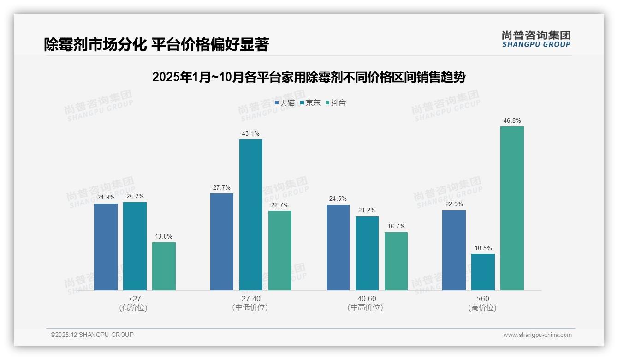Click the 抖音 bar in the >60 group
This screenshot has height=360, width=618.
click(512, 208)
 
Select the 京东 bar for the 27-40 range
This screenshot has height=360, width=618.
click(250, 215)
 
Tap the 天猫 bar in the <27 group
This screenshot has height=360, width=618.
click(106, 246)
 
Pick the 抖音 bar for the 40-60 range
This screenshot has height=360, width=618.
click(396, 261)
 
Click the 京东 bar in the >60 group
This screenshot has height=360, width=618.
click(483, 272)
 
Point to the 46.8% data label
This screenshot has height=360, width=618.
click(512, 121)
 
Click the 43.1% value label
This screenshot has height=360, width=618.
click(250, 134)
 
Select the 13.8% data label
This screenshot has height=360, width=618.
click(164, 237)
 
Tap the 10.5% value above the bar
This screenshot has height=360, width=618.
click(483, 248)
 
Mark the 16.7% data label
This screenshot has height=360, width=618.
click(396, 227)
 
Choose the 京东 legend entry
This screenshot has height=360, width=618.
click(310, 103)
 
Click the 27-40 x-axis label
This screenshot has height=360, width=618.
click(250, 299)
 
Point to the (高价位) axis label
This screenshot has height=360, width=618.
click(482, 308)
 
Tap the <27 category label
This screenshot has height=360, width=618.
click(135, 299)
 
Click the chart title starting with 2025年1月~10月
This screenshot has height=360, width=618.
click(309, 77)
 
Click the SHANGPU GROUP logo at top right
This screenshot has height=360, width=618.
click(536, 39)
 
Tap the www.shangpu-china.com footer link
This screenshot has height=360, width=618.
click(537, 335)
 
